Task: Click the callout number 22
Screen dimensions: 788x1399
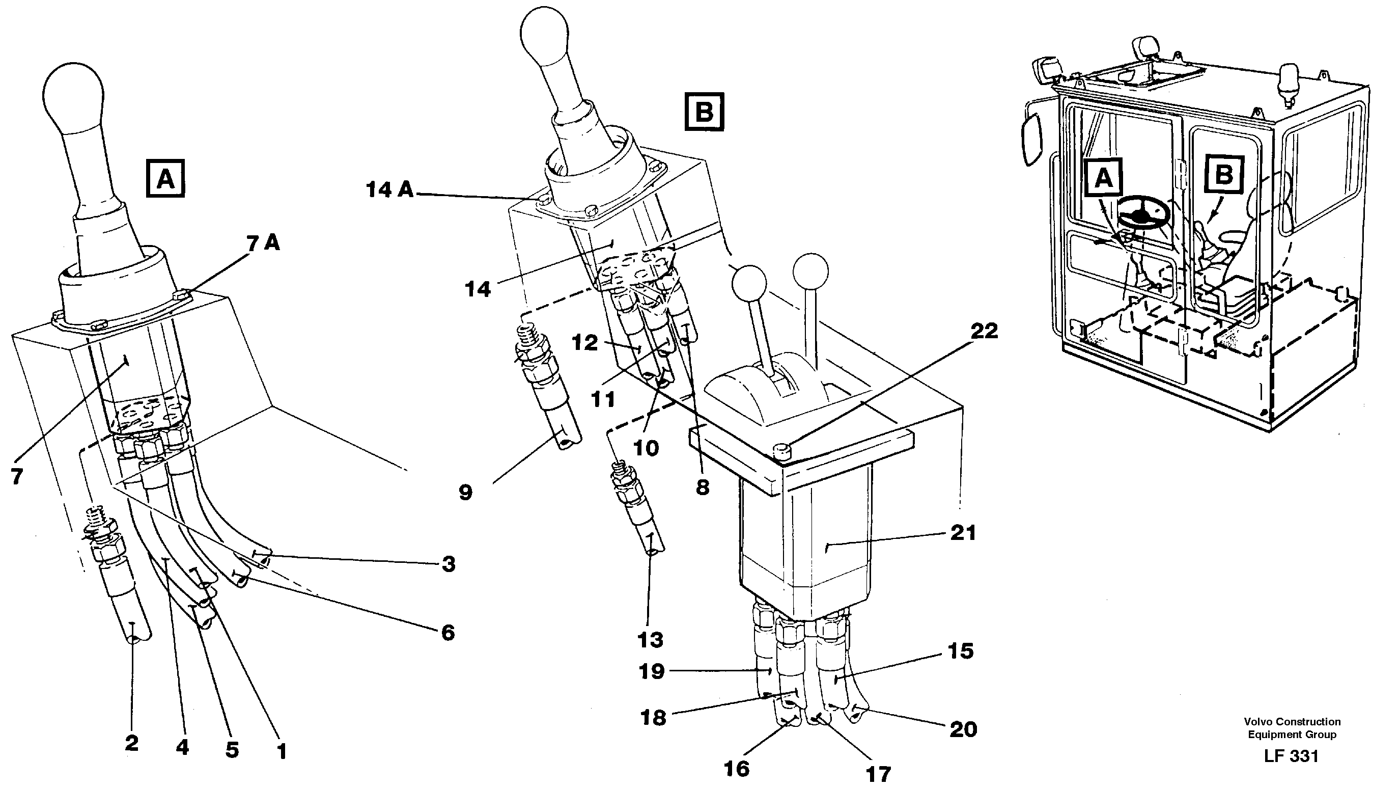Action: pos(984,331)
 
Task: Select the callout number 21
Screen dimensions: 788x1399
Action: pos(963,533)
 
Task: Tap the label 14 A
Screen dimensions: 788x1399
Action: pos(389,190)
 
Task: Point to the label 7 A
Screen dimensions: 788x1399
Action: pos(263,244)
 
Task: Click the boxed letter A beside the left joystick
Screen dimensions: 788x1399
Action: pos(165,178)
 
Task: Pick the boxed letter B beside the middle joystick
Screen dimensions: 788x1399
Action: pos(705,113)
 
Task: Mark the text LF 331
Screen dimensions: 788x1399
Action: pos(1291,756)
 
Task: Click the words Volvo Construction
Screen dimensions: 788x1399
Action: pos(1292,722)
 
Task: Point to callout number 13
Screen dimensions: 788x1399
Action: pos(650,640)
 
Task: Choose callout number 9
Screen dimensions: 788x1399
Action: pos(465,493)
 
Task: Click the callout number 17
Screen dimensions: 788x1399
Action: pos(878,774)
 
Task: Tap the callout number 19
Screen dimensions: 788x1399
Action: pos(652,672)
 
